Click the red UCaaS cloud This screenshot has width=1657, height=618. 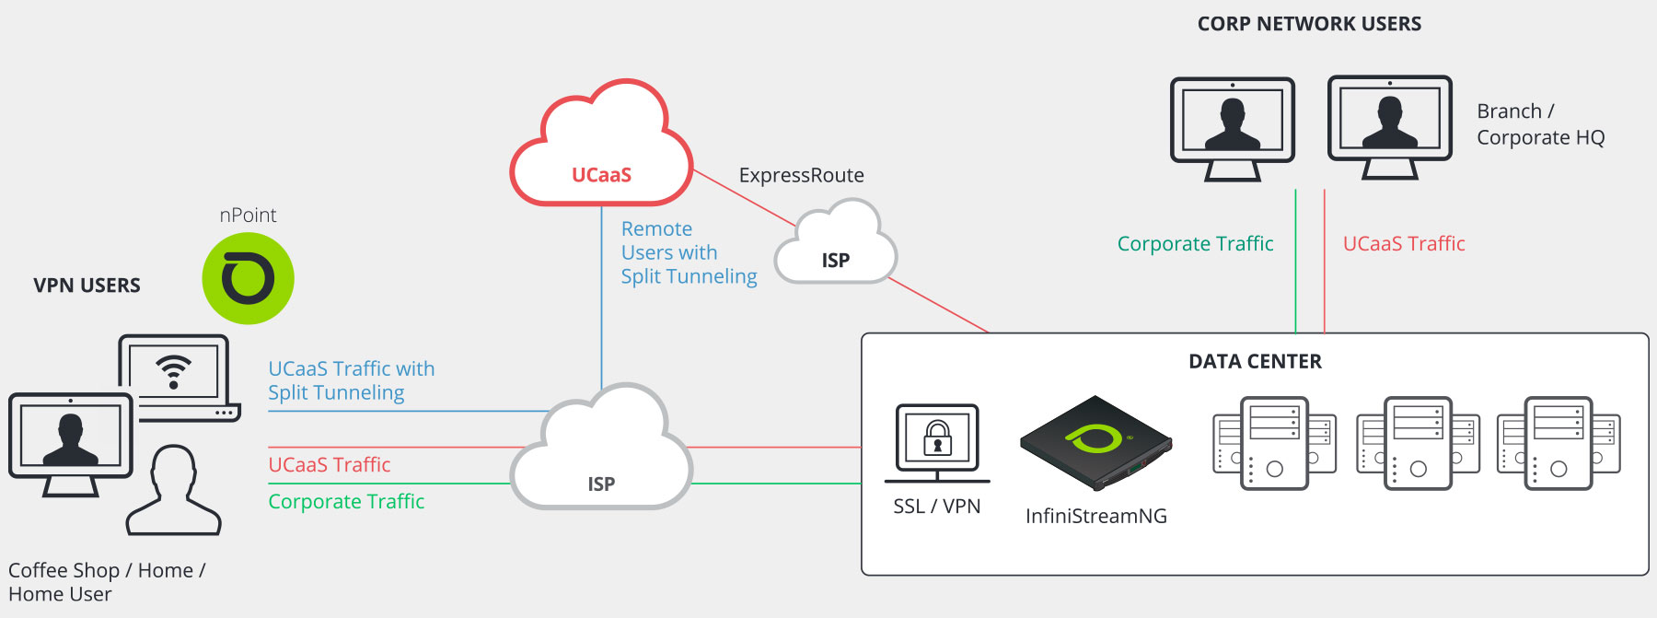601,147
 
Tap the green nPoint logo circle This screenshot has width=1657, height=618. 248,278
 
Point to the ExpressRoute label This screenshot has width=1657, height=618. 801,175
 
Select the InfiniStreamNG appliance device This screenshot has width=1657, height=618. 1095,442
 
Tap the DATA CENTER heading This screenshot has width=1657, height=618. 1255,362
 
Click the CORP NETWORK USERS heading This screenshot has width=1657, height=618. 1309,24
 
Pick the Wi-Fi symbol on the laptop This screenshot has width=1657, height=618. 173,371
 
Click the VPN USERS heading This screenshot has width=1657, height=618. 87,286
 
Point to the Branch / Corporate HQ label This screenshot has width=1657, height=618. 1540,124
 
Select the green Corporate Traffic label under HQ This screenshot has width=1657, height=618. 1195,244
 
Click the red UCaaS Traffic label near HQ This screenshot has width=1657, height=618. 1404,244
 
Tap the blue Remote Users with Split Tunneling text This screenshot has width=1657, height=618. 689,252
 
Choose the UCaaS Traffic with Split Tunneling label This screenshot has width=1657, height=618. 351,380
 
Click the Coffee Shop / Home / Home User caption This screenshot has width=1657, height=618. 107,582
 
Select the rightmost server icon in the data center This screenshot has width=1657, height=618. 1559,443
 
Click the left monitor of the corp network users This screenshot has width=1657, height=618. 1232,127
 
